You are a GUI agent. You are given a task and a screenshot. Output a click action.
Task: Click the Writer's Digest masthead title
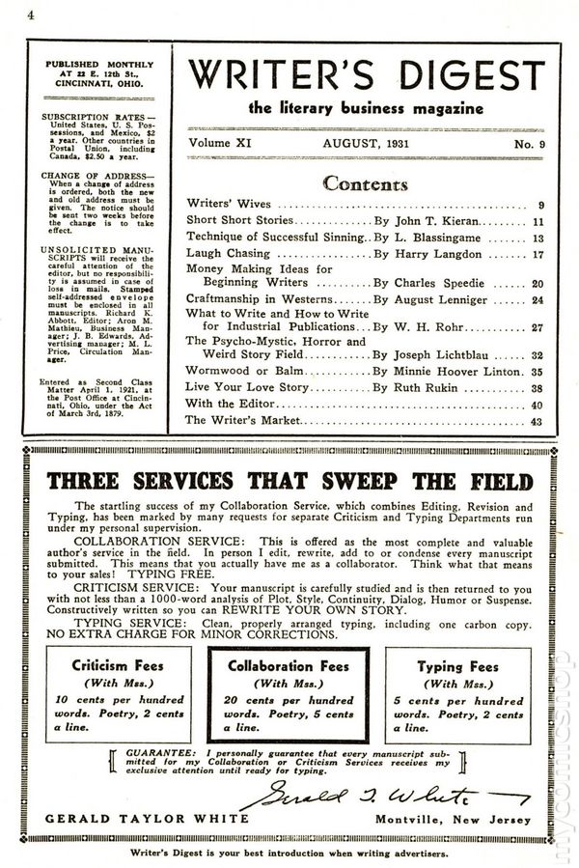[366, 74]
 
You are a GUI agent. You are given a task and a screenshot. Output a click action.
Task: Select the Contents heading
[365, 183]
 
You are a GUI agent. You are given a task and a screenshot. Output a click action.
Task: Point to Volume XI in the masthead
[222, 142]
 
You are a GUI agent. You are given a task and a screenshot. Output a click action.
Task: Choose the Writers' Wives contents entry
[229, 205]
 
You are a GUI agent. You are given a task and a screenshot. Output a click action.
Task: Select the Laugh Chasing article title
[225, 254]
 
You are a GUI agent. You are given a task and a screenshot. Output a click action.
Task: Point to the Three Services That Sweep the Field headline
[289, 481]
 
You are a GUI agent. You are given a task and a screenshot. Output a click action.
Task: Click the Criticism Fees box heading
[117, 665]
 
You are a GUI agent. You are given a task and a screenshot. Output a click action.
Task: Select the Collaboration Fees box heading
[289, 666]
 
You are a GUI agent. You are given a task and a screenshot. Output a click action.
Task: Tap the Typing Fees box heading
[458, 665]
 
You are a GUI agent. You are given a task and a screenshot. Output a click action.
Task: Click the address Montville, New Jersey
[452, 819]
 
